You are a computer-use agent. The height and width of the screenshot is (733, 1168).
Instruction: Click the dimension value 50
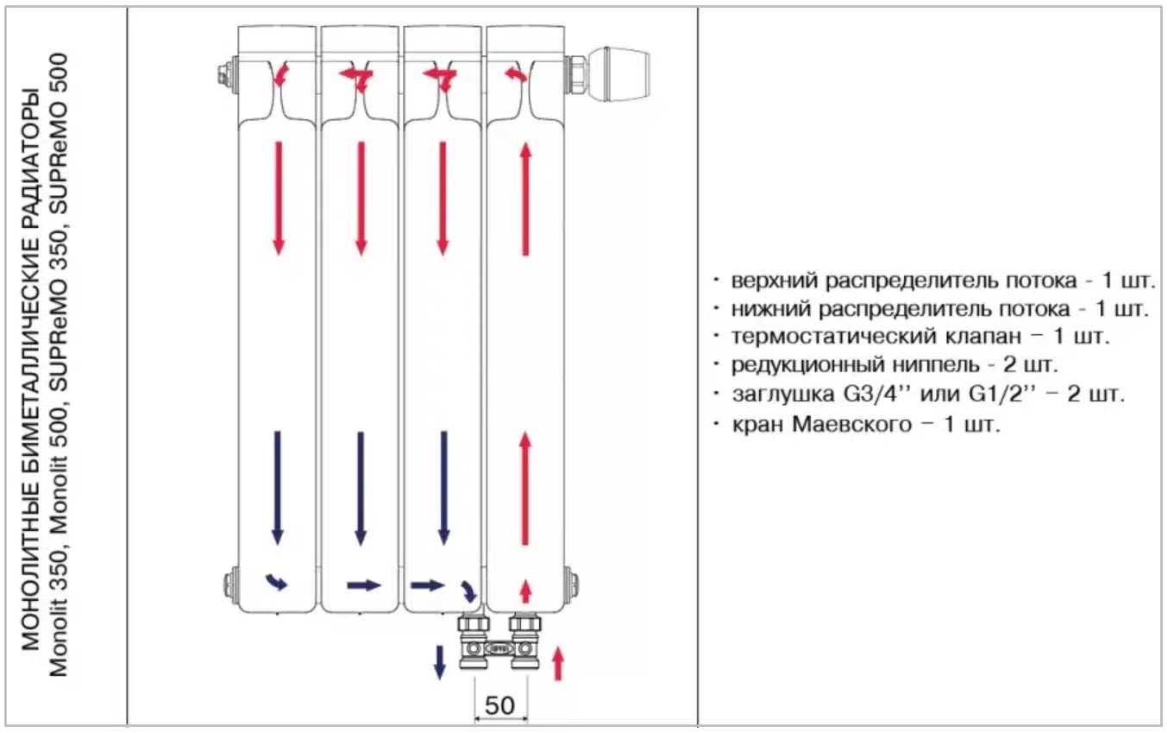[x=499, y=705]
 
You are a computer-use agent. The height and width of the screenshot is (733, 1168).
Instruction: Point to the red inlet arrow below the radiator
[x=557, y=662]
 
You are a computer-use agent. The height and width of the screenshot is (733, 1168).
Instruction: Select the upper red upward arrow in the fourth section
[x=524, y=199]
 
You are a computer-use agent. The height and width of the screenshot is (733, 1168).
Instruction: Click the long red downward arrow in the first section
[x=279, y=198]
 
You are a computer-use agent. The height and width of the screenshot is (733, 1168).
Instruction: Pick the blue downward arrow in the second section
[x=361, y=488]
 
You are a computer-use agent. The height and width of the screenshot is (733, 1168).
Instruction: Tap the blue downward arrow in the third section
[x=443, y=488]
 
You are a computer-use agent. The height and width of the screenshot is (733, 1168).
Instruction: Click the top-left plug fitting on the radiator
[x=226, y=73]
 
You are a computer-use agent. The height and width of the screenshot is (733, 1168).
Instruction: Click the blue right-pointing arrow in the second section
[x=364, y=585]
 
